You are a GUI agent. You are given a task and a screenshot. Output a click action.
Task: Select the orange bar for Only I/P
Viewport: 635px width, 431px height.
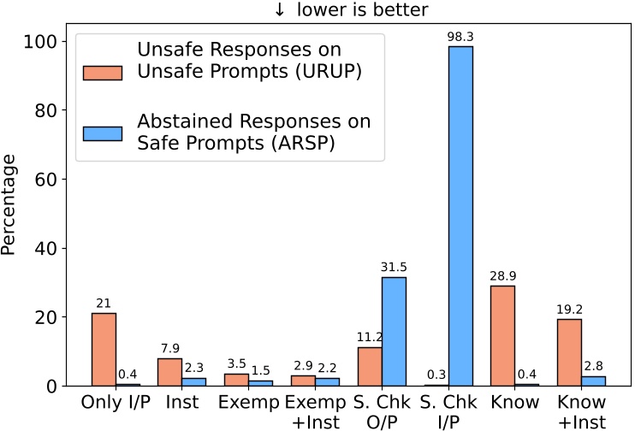[104, 349]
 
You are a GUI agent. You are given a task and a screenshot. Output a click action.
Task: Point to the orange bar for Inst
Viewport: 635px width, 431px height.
[169, 371]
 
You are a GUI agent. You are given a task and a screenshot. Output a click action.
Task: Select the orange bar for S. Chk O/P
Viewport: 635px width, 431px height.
[369, 366]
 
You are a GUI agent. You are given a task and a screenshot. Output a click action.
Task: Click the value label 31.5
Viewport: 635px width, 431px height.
[394, 269]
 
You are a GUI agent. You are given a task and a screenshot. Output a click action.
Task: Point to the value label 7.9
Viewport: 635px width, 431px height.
[169, 350]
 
